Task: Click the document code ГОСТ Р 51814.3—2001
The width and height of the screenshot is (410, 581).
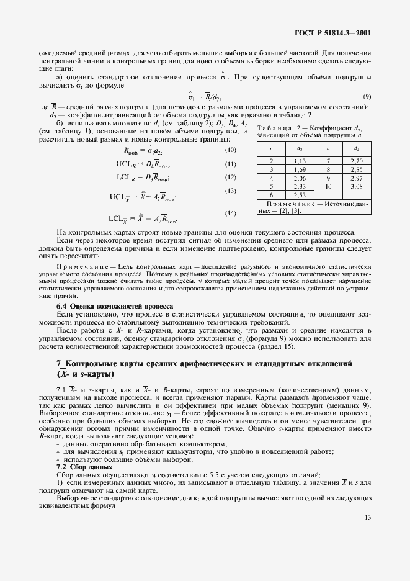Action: [x=336, y=33]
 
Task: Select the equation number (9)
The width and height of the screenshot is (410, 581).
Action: [x=367, y=97]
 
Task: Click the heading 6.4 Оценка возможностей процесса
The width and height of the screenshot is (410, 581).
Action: [x=115, y=306]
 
